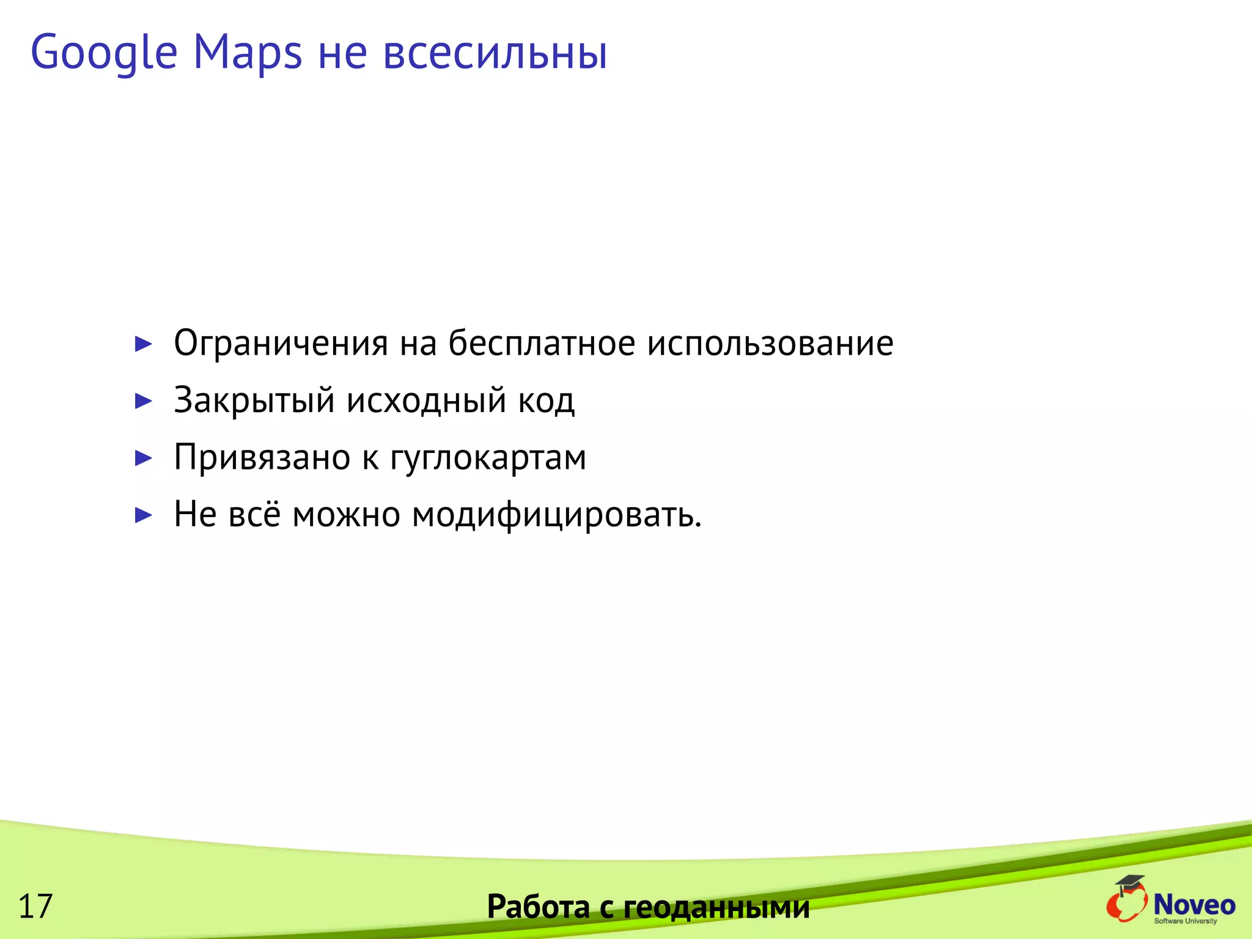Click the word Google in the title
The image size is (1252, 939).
pyautogui.click(x=104, y=53)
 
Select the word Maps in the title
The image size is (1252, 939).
pyautogui.click(x=248, y=53)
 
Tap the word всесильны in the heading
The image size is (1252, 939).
pyautogui.click(x=495, y=53)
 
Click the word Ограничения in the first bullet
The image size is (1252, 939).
pyautogui.click(x=281, y=343)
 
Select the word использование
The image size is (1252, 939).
pyautogui.click(x=770, y=343)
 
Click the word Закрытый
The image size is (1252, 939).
pyautogui.click(x=254, y=400)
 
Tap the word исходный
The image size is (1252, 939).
pyautogui.click(x=427, y=400)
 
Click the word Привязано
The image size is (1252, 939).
pyautogui.click(x=262, y=457)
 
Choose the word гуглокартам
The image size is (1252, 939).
pyautogui.click(x=488, y=458)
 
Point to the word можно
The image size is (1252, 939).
pyautogui.click(x=346, y=514)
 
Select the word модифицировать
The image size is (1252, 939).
pyautogui.click(x=556, y=515)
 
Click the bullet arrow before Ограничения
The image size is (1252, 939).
pyautogui.click(x=143, y=344)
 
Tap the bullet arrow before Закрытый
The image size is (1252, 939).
pyautogui.click(x=143, y=401)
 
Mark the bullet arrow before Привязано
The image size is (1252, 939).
pyautogui.click(x=143, y=458)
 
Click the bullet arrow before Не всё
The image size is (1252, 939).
pyautogui.click(x=143, y=515)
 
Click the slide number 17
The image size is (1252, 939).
pyautogui.click(x=35, y=906)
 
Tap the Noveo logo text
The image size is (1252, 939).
pyautogui.click(x=1194, y=904)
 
